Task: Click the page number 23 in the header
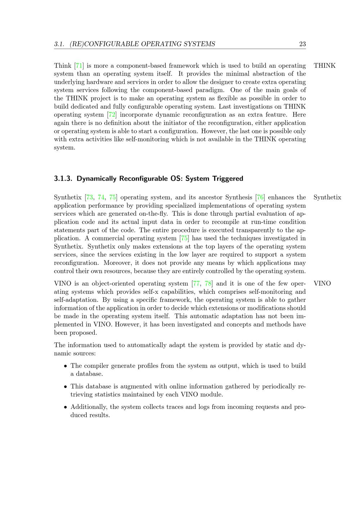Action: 302,44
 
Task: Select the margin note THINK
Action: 324,66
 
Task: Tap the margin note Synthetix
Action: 327,197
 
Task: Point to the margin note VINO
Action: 322,283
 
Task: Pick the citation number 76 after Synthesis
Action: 260,197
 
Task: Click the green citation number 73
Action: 90,197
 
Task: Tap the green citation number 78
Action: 208,283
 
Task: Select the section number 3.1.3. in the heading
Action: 64,179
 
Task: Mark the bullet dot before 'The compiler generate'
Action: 66,366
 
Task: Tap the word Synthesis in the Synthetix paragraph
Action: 239,197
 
